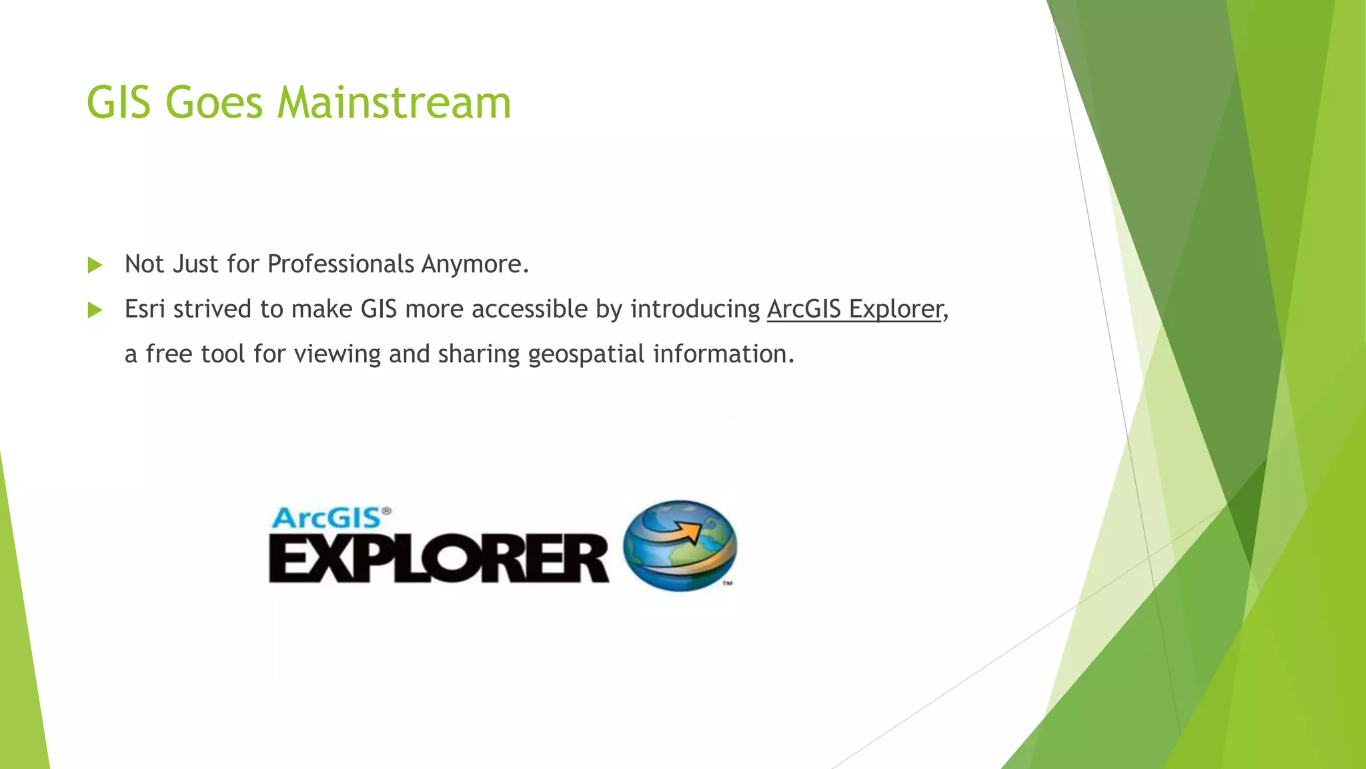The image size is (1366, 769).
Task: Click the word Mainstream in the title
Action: [x=394, y=103]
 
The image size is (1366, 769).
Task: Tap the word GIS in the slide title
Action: [x=119, y=103]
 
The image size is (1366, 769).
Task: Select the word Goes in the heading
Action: [x=213, y=103]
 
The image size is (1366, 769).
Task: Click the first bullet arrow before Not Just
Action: [x=95, y=266]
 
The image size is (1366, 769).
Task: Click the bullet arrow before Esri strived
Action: [x=95, y=310]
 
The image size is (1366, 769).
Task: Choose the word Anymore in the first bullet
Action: [x=474, y=264]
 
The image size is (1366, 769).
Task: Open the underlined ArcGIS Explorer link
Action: [x=854, y=309]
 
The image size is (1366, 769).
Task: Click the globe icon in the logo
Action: [x=680, y=545]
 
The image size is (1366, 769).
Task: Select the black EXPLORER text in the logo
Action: [x=438, y=558]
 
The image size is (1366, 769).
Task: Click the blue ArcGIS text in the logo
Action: [x=327, y=518]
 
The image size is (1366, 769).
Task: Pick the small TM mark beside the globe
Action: [x=728, y=583]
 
